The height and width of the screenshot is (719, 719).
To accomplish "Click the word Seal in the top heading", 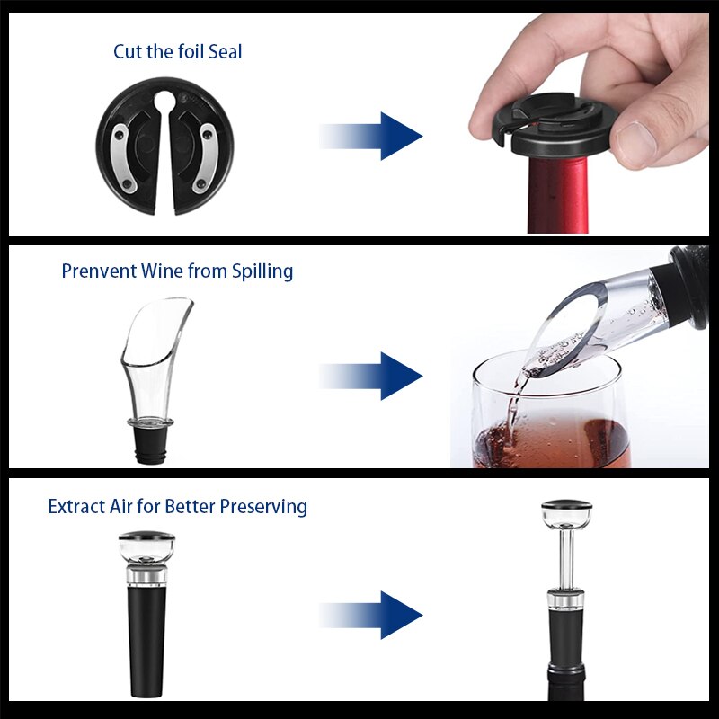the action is [x=225, y=51].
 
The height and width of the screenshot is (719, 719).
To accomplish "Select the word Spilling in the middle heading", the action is [x=262, y=272].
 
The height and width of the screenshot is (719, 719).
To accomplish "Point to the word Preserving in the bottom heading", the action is [x=263, y=508].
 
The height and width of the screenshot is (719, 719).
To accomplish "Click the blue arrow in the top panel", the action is [x=370, y=136].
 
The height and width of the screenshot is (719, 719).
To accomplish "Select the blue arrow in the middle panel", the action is [x=370, y=376].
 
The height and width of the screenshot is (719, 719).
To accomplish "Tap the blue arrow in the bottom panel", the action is [x=370, y=615].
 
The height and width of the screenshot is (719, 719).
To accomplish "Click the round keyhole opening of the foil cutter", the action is [x=165, y=102].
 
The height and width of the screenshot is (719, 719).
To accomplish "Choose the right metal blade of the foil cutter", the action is [x=209, y=158].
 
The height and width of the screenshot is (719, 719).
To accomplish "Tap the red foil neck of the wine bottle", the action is [x=558, y=195].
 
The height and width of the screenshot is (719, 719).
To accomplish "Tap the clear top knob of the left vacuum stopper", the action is [x=146, y=547].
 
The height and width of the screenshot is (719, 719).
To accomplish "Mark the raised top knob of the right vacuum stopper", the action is [x=567, y=513].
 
